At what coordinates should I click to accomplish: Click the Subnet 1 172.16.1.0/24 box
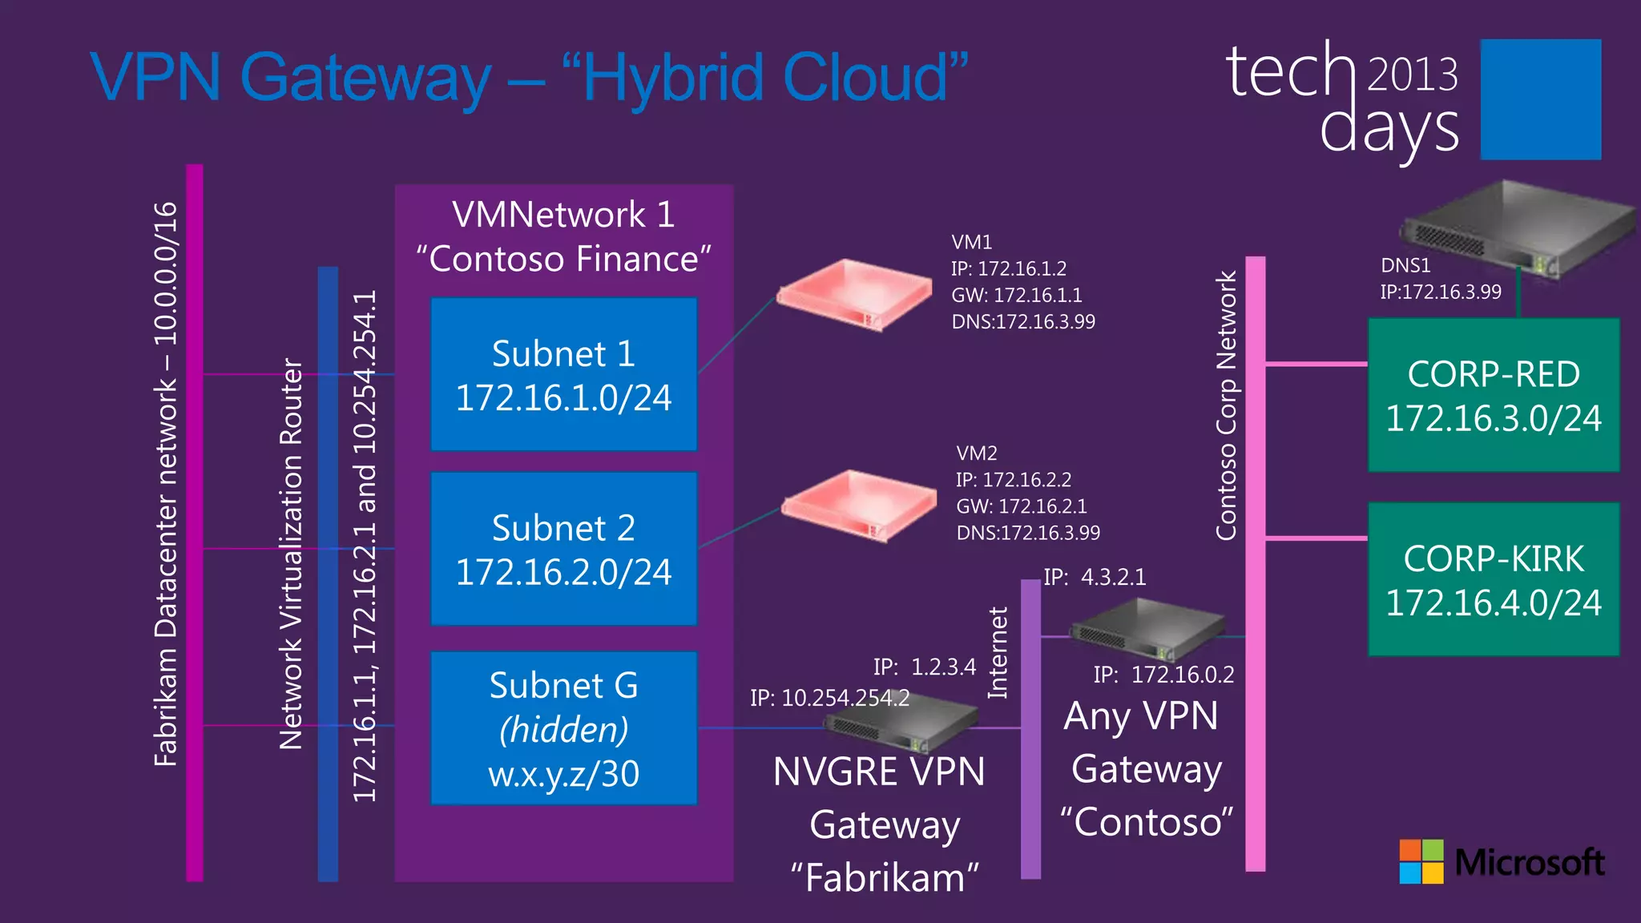coord(563,374)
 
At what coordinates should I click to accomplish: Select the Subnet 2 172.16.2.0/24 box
coord(563,549)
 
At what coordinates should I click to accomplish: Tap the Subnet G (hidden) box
coord(563,728)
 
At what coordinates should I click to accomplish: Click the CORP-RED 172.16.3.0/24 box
coord(1494,395)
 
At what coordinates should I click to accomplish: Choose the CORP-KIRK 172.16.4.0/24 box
coord(1494,579)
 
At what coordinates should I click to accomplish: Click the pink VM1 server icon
coord(854,294)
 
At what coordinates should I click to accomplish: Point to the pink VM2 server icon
coord(859,506)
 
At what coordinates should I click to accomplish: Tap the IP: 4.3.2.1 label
coord(1095,577)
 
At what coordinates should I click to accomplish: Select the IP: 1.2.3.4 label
coord(925,667)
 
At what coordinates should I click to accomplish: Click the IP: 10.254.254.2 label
coord(829,698)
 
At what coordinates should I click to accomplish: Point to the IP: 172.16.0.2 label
coord(1163,675)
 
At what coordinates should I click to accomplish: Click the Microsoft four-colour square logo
coord(1421,861)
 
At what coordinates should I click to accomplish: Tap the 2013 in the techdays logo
coord(1412,75)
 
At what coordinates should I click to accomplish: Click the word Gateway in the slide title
coord(365,79)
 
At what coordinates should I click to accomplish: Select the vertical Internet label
coord(998,652)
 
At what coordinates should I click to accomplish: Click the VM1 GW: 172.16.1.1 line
coord(1016,295)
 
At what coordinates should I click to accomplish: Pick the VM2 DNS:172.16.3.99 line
coord(1028,533)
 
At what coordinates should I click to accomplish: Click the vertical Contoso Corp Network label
coord(1227,405)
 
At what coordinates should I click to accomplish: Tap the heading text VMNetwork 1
coord(563,215)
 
